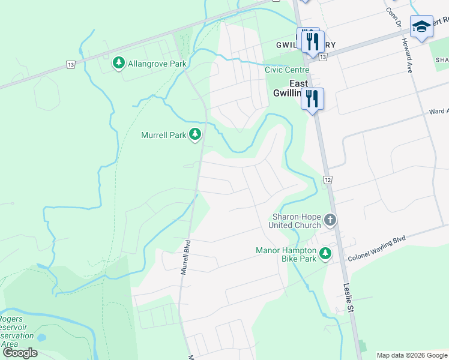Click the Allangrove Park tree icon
(x=118, y=62)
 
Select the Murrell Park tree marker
(x=194, y=135)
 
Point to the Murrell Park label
(x=164, y=136)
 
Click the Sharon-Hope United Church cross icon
(x=330, y=220)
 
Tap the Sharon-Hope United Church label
(x=297, y=220)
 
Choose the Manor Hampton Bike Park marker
(x=325, y=254)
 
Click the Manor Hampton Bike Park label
(x=286, y=254)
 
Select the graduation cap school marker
(x=421, y=27)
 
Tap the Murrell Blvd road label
(x=187, y=257)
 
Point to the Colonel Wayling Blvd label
(x=376, y=249)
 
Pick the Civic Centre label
(x=287, y=70)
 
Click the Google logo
(x=20, y=353)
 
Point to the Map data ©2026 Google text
(x=411, y=355)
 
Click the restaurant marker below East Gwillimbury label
(x=312, y=98)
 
